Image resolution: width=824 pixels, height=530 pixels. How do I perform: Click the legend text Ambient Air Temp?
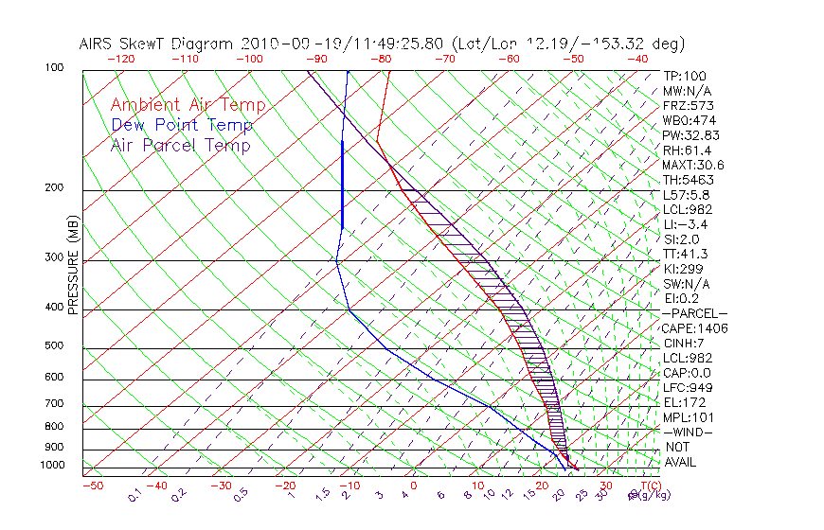(188, 105)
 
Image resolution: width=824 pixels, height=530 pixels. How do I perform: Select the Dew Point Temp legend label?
(181, 125)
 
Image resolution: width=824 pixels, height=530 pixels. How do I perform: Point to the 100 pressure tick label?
(54, 68)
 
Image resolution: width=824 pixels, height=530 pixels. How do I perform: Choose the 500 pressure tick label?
(54, 346)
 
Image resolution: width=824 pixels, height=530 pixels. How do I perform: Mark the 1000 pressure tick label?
(52, 466)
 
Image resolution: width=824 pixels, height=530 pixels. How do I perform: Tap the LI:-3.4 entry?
(686, 224)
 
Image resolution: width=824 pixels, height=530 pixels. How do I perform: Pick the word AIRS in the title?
(99, 44)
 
